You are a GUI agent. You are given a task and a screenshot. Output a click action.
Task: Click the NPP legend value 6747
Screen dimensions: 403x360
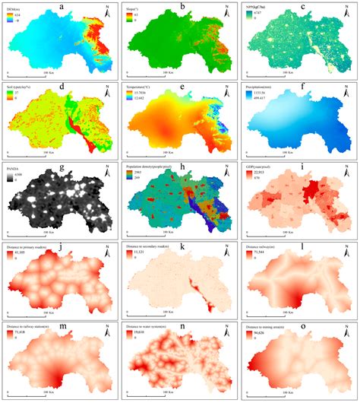point(265,14)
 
